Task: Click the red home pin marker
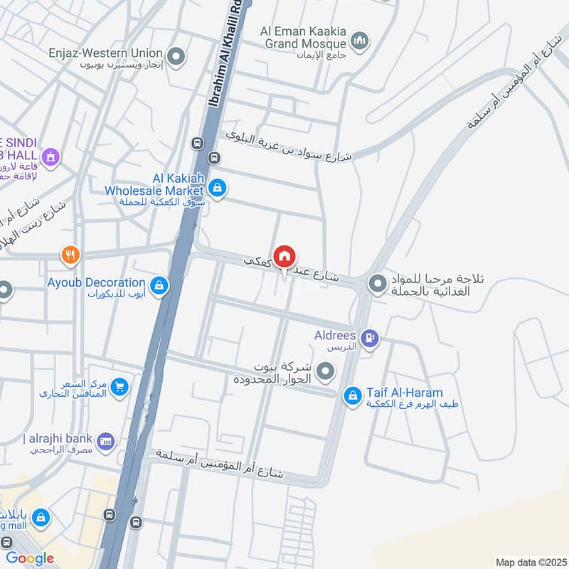pos(284,256)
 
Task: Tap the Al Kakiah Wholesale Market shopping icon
pos(218,189)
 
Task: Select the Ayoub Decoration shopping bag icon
pos(160,285)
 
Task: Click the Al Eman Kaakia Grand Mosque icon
pos(361,38)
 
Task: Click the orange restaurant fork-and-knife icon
pos(70,255)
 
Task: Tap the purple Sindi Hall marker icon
pos(50,156)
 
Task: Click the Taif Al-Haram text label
pos(405,393)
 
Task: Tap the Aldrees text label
pos(335,334)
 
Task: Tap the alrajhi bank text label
pos(60,438)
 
